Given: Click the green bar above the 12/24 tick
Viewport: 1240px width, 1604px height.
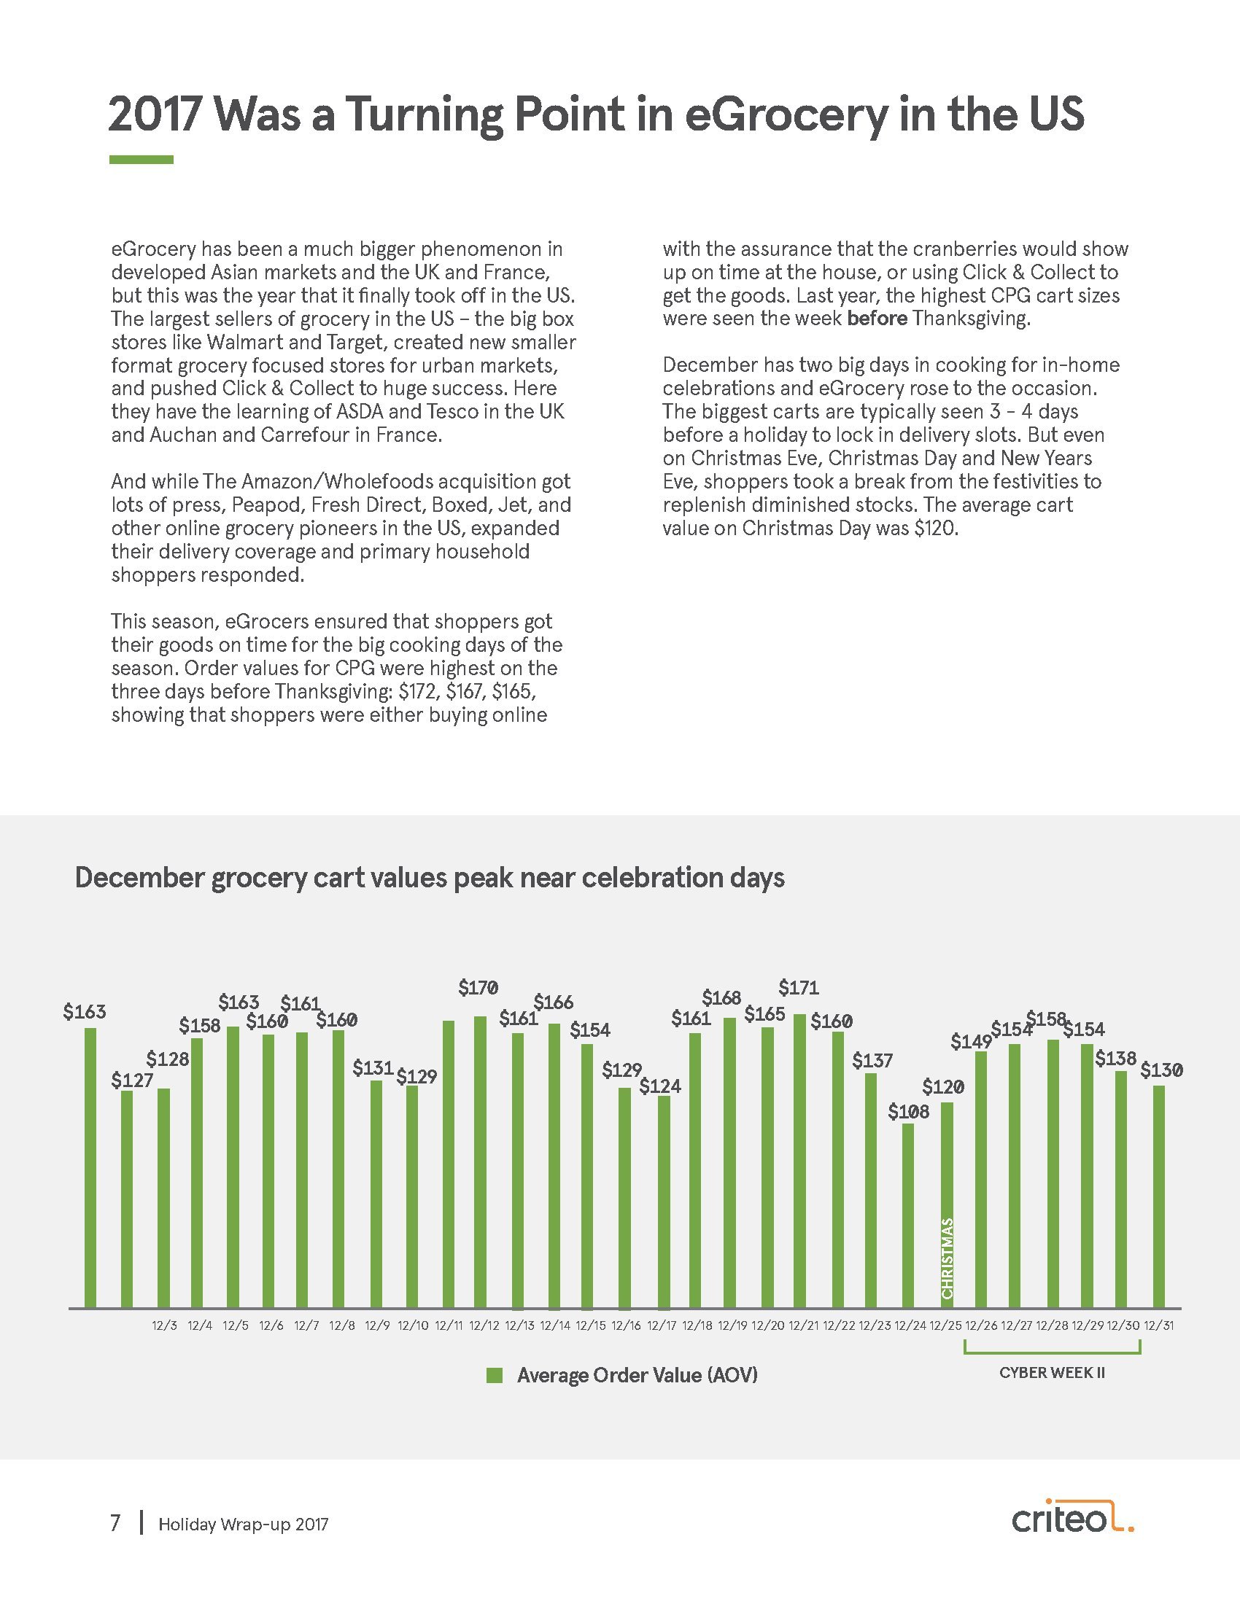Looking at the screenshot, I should (x=908, y=1215).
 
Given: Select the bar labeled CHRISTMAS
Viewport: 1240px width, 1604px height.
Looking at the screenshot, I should (x=947, y=1204).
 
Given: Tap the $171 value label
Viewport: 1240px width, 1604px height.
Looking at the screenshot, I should (x=799, y=987).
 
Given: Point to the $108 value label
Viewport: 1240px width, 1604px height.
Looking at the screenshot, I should (x=909, y=1111).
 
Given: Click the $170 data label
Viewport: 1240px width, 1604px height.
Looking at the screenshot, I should (x=478, y=988).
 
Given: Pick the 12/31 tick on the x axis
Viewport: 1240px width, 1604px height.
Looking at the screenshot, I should (x=1158, y=1325).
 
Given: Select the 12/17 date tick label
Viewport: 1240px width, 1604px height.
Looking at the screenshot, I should (x=661, y=1325).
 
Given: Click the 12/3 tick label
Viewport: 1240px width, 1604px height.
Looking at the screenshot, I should (x=164, y=1325).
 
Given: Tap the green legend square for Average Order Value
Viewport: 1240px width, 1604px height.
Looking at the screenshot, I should (x=495, y=1376).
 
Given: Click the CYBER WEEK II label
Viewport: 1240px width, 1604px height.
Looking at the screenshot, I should (x=1052, y=1373).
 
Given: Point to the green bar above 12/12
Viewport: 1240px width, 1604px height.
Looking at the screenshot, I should (x=481, y=1162).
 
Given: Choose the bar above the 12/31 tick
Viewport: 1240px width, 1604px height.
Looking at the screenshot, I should (x=1158, y=1197).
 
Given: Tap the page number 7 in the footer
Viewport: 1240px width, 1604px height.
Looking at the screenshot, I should (x=115, y=1524).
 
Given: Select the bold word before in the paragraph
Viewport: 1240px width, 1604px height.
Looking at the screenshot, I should (x=877, y=319).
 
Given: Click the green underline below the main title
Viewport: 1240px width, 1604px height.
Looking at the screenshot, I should (x=141, y=160).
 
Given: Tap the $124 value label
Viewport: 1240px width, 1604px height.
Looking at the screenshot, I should (x=659, y=1086).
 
